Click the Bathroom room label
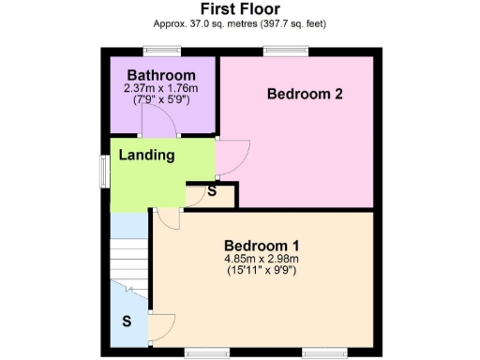click(161, 75)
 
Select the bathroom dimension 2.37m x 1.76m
click(161, 88)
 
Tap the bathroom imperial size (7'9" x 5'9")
click(161, 100)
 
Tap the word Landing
click(146, 155)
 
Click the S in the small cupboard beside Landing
click(212, 192)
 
